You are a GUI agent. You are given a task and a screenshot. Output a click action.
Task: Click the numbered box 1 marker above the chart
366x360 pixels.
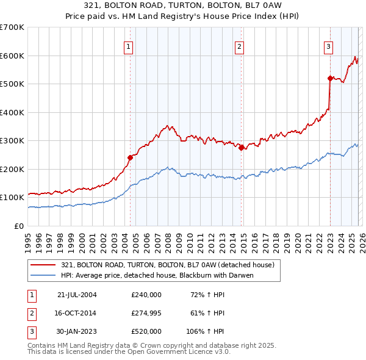129,46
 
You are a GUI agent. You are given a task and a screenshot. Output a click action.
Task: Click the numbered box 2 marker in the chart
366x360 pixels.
240,46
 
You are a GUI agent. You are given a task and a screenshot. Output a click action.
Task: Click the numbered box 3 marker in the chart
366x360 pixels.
329,46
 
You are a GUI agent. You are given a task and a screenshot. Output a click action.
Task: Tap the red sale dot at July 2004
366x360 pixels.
130,157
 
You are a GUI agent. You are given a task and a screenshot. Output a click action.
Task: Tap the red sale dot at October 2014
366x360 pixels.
242,147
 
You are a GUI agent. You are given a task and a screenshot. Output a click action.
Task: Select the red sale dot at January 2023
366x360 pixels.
330,78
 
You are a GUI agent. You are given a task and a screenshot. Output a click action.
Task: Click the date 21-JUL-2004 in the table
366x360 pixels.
76,295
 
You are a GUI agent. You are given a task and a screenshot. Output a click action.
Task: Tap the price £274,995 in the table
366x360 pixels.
146,314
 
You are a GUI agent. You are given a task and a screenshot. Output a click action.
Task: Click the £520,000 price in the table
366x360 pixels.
146,332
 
